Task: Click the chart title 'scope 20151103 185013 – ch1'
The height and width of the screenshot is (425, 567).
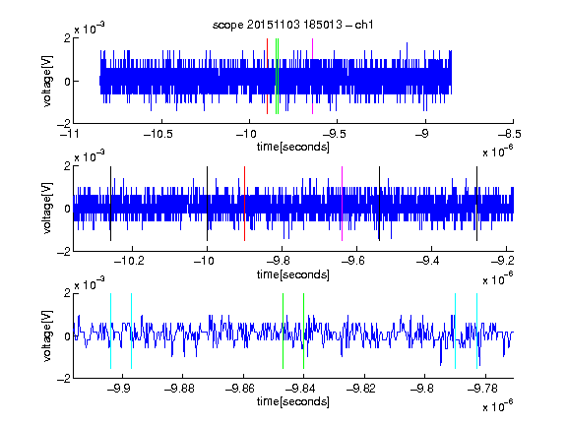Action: click(x=293, y=25)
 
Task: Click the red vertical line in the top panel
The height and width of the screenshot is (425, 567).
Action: click(x=267, y=77)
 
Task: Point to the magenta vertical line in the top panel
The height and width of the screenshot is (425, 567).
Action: click(x=312, y=77)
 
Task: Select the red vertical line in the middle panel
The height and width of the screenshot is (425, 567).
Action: click(x=244, y=204)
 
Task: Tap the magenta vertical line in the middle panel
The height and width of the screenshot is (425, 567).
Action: click(x=343, y=204)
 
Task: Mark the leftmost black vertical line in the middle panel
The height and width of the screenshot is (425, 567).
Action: click(x=110, y=204)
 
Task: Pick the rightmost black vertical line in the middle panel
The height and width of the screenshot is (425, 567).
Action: click(x=476, y=204)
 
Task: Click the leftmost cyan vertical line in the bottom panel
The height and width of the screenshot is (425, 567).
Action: click(x=110, y=331)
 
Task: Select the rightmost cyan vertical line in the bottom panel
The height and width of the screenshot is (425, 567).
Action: click(x=476, y=331)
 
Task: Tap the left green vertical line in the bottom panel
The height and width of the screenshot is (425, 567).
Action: click(x=283, y=331)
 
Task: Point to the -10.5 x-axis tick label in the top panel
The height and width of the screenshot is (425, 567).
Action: click(x=158, y=134)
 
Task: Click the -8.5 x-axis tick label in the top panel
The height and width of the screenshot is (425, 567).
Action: click(x=510, y=134)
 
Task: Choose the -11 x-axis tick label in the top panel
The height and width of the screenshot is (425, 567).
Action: click(x=70, y=134)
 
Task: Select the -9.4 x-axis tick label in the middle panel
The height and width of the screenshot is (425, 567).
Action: click(x=428, y=261)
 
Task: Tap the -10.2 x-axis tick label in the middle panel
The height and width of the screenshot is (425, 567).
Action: click(x=129, y=261)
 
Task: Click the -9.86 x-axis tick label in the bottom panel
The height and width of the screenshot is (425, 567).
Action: click(x=240, y=389)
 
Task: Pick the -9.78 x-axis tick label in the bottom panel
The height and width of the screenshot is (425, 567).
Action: click(x=482, y=389)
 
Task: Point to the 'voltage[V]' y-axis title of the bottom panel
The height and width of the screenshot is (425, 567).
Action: click(x=47, y=336)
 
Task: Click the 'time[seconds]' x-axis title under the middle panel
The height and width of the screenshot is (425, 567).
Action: click(x=293, y=274)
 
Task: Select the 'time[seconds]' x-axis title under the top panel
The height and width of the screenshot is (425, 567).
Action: click(x=293, y=147)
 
